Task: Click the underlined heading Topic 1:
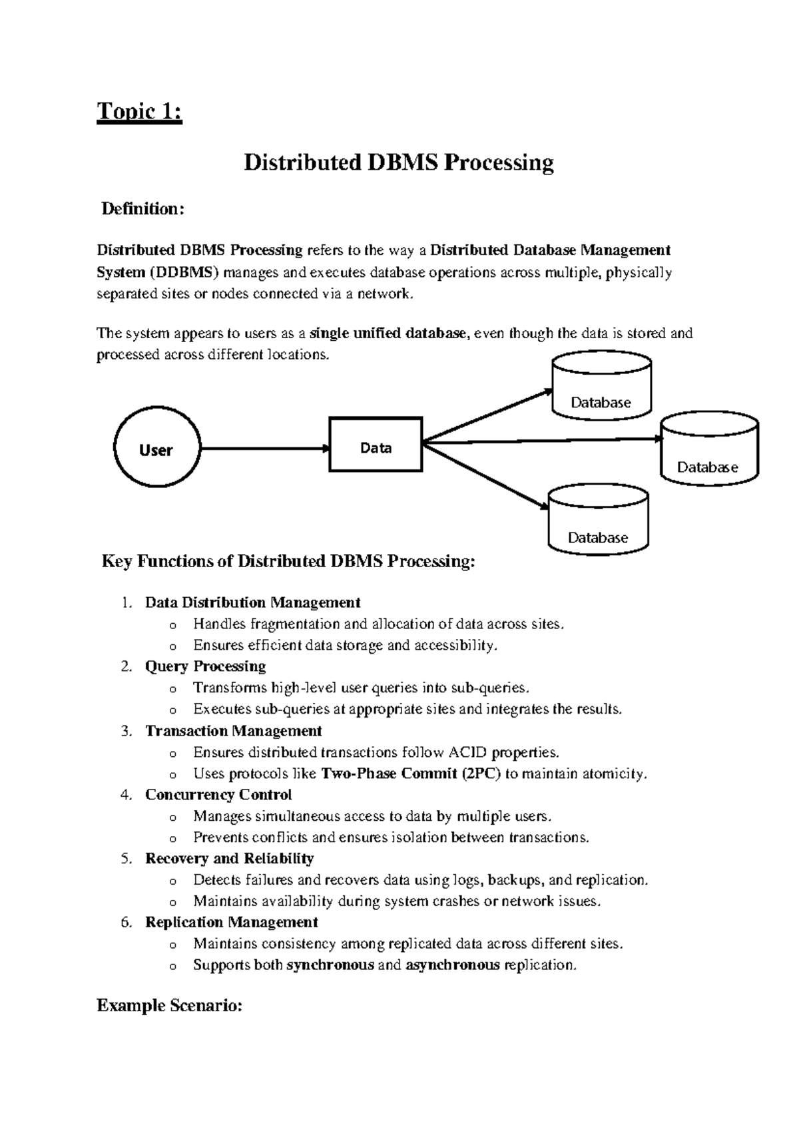[139, 111]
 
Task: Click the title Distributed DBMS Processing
[398, 162]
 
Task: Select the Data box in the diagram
[376, 445]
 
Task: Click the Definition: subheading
[141, 209]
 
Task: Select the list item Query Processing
[205, 666]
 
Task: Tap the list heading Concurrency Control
[218, 795]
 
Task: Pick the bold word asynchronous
[452, 965]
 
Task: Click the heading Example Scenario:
[169, 1005]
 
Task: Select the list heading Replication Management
[231, 923]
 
